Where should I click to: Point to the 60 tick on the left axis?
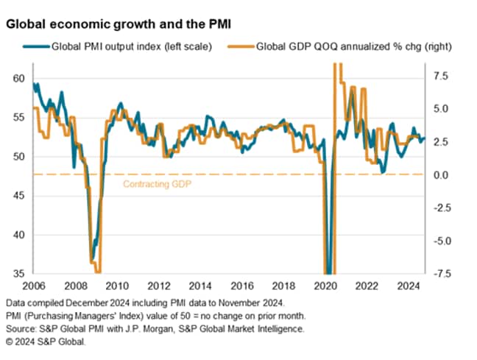pos(18,79)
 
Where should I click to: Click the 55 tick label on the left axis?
pos(18,118)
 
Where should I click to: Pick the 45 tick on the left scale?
pos(18,196)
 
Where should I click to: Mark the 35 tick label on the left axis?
pos(18,274)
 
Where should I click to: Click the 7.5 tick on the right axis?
pos(439,75)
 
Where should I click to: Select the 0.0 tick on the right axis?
pos(439,174)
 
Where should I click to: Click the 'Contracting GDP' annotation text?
pos(156,184)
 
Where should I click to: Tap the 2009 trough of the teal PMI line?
pos(92,260)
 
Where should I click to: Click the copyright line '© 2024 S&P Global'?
pos(46,342)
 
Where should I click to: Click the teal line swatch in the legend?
pos(37,46)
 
